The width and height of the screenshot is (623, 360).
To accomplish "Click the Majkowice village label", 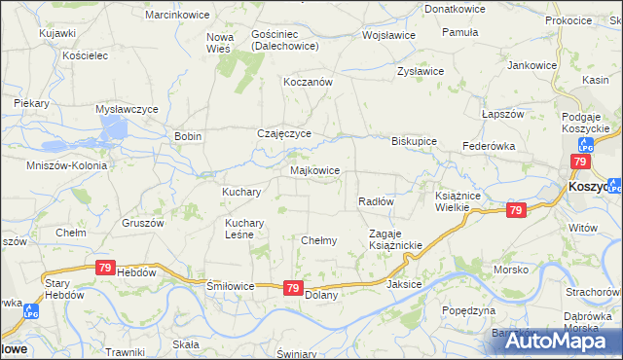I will pyautogui.click(x=315, y=170).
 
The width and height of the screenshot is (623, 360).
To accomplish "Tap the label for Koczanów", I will pyautogui.click(x=308, y=83).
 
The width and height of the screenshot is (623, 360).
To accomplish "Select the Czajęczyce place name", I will pyautogui.click(x=283, y=133).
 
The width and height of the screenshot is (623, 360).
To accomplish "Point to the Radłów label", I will pyautogui.click(x=376, y=201).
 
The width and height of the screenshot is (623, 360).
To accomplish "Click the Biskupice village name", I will pyautogui.click(x=414, y=140).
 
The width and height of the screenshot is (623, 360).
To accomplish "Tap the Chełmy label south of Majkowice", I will pyautogui.click(x=319, y=240).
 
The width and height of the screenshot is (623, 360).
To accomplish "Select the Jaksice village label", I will pyautogui.click(x=404, y=285).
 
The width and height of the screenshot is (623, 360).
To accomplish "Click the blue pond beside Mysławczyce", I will pyautogui.click(x=115, y=128).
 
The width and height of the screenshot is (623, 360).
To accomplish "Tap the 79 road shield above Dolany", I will pyautogui.click(x=293, y=288).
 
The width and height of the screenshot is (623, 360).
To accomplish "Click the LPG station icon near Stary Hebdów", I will pyautogui.click(x=30, y=311).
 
